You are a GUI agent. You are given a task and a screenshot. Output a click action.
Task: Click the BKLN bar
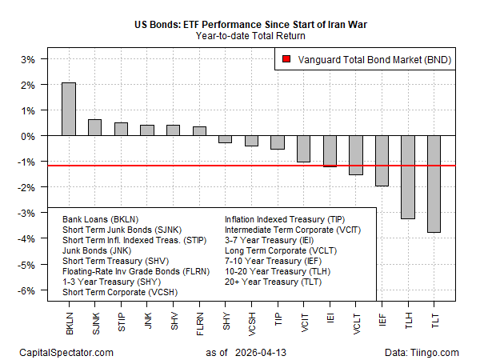[69, 110]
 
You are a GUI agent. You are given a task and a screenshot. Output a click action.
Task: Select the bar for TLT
[434, 184]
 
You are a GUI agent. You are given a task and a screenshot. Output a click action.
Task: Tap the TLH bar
[408, 178]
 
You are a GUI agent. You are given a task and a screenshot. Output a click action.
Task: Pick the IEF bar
[382, 161]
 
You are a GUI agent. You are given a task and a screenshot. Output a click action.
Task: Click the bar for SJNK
[94, 128]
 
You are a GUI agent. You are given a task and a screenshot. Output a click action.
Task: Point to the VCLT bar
[355, 155]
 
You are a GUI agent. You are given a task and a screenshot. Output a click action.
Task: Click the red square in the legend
[287, 59]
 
